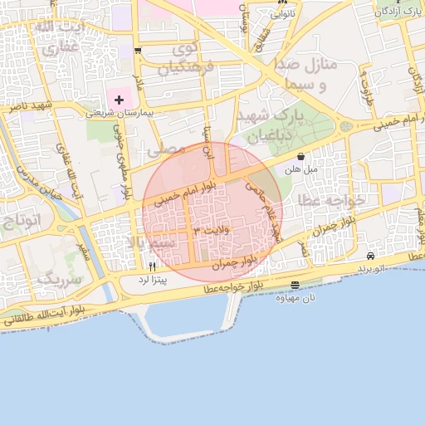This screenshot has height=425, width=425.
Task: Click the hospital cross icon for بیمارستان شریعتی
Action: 120,100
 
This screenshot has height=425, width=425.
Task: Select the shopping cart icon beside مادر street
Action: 137,50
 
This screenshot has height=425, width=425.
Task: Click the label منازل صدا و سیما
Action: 312,74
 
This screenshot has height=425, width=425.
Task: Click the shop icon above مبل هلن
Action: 300,156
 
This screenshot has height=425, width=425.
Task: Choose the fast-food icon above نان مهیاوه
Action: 296,286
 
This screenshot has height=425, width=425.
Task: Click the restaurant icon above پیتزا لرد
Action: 152,267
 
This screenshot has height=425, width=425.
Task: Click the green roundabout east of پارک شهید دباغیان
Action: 345,127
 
